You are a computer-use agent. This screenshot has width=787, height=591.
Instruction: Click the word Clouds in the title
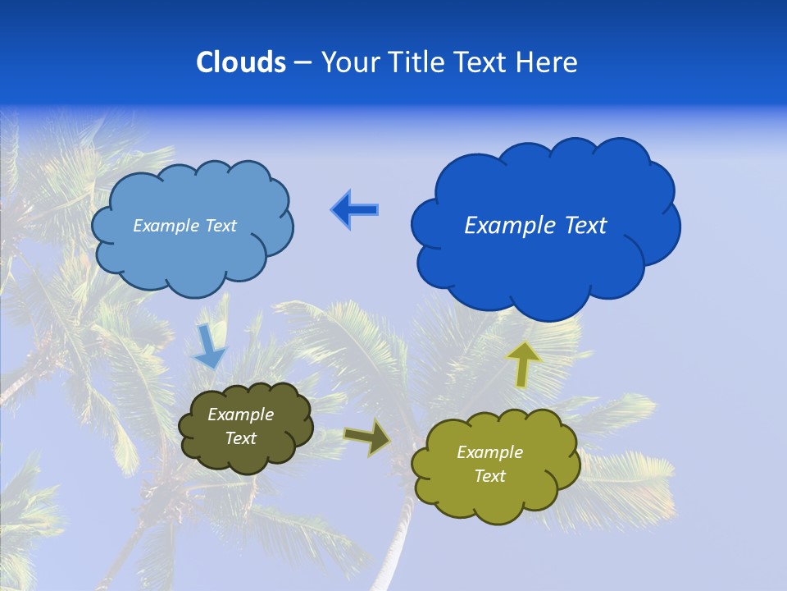point(241,62)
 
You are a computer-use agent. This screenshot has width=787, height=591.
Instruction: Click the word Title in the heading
point(416,62)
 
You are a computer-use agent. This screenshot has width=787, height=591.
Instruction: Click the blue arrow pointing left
point(355,210)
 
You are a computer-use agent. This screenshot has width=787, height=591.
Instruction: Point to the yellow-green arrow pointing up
point(523,364)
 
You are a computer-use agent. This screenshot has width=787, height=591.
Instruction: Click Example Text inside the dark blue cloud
point(535,226)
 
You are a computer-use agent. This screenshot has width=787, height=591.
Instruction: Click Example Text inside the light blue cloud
point(184,226)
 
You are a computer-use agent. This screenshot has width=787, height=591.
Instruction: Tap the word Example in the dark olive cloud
point(240,415)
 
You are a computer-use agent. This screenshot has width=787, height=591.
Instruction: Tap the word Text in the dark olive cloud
point(240,438)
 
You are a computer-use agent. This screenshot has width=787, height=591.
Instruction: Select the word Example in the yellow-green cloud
point(489,452)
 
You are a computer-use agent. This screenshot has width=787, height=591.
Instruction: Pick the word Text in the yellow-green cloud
point(489,476)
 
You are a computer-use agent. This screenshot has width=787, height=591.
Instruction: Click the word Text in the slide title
point(484,62)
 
